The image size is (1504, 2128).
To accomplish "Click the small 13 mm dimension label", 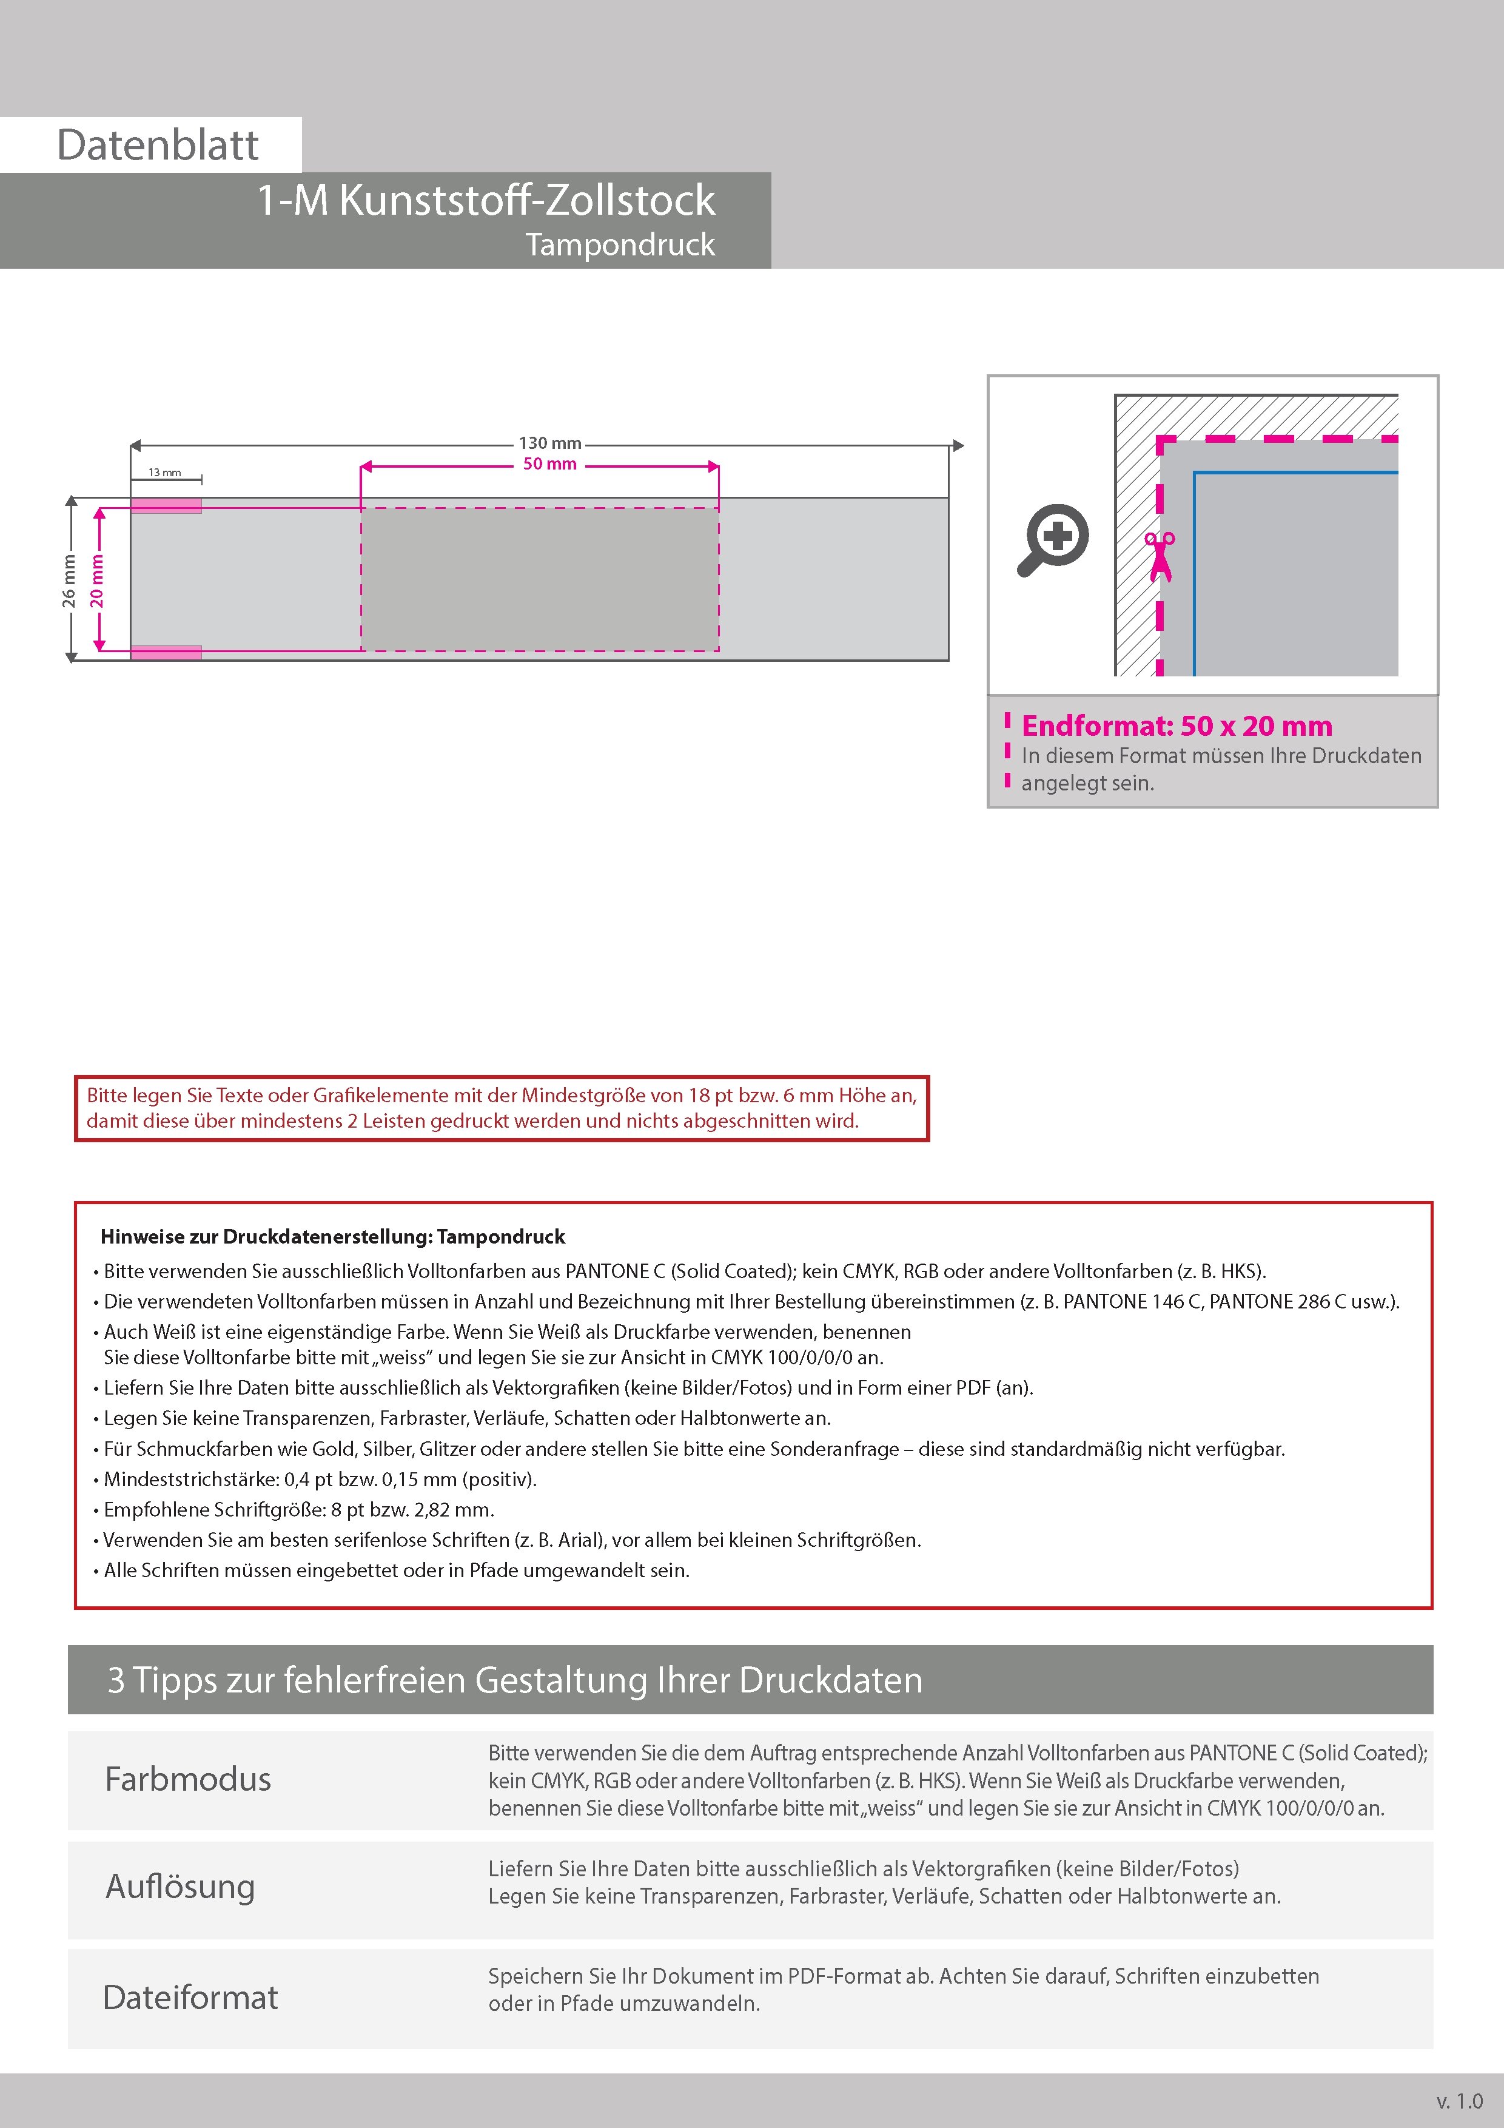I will coord(165,473).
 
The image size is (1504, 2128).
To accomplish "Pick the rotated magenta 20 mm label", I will coord(96,581).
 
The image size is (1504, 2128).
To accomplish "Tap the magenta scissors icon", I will coord(1160,556).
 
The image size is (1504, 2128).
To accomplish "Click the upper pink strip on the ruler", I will coord(166,506).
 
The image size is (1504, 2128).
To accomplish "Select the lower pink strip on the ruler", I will coord(166,653).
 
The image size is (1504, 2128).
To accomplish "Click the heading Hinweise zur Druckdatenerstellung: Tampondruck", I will coord(333,1236).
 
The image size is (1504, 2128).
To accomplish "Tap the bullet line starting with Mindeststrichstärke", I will coord(320,1479).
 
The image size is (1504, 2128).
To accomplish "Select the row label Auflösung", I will coord(181,1886).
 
